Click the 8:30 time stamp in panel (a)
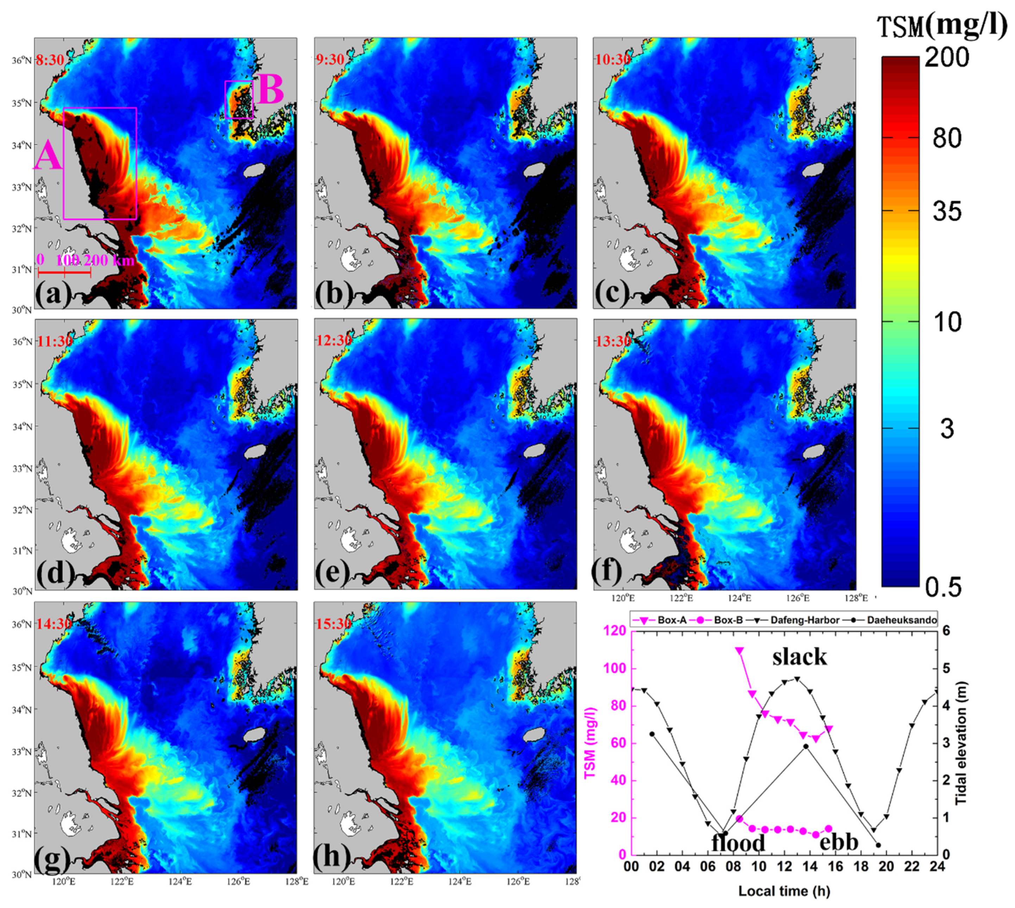50,61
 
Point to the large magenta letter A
48,156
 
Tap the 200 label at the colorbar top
947,57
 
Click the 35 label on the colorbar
947,212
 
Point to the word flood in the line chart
738,843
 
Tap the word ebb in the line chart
839,842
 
